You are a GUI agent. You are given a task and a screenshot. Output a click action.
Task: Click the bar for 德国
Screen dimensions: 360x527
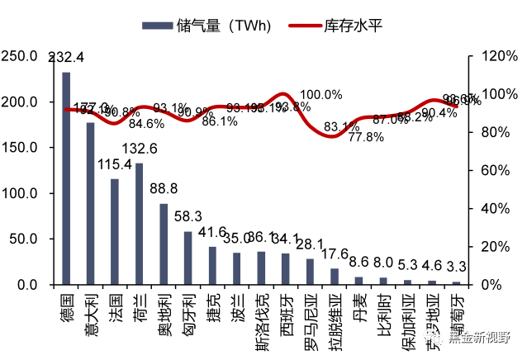66,178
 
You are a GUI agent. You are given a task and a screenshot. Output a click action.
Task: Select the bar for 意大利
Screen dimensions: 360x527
90,204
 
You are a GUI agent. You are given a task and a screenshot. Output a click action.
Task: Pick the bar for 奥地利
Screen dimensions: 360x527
164,244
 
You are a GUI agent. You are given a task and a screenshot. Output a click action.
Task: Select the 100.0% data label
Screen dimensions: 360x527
320,95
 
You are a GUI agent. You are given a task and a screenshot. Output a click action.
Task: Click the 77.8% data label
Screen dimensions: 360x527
365,137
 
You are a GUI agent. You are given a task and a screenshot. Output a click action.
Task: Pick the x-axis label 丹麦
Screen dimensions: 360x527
358,306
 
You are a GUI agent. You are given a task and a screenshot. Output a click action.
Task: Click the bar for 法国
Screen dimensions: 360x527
115,232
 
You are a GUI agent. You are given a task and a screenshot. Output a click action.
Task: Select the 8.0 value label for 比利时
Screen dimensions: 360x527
383,263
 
